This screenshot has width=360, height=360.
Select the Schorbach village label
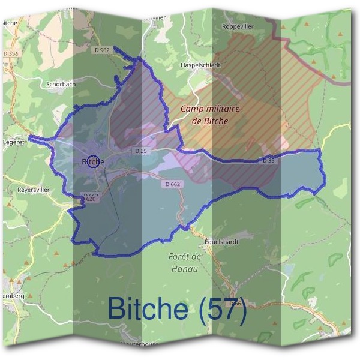tap(61, 84)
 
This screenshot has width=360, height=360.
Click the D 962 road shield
tap(103, 50)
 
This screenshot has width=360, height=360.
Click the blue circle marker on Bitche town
tap(92, 161)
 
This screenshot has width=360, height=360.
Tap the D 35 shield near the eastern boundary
tap(270, 160)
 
